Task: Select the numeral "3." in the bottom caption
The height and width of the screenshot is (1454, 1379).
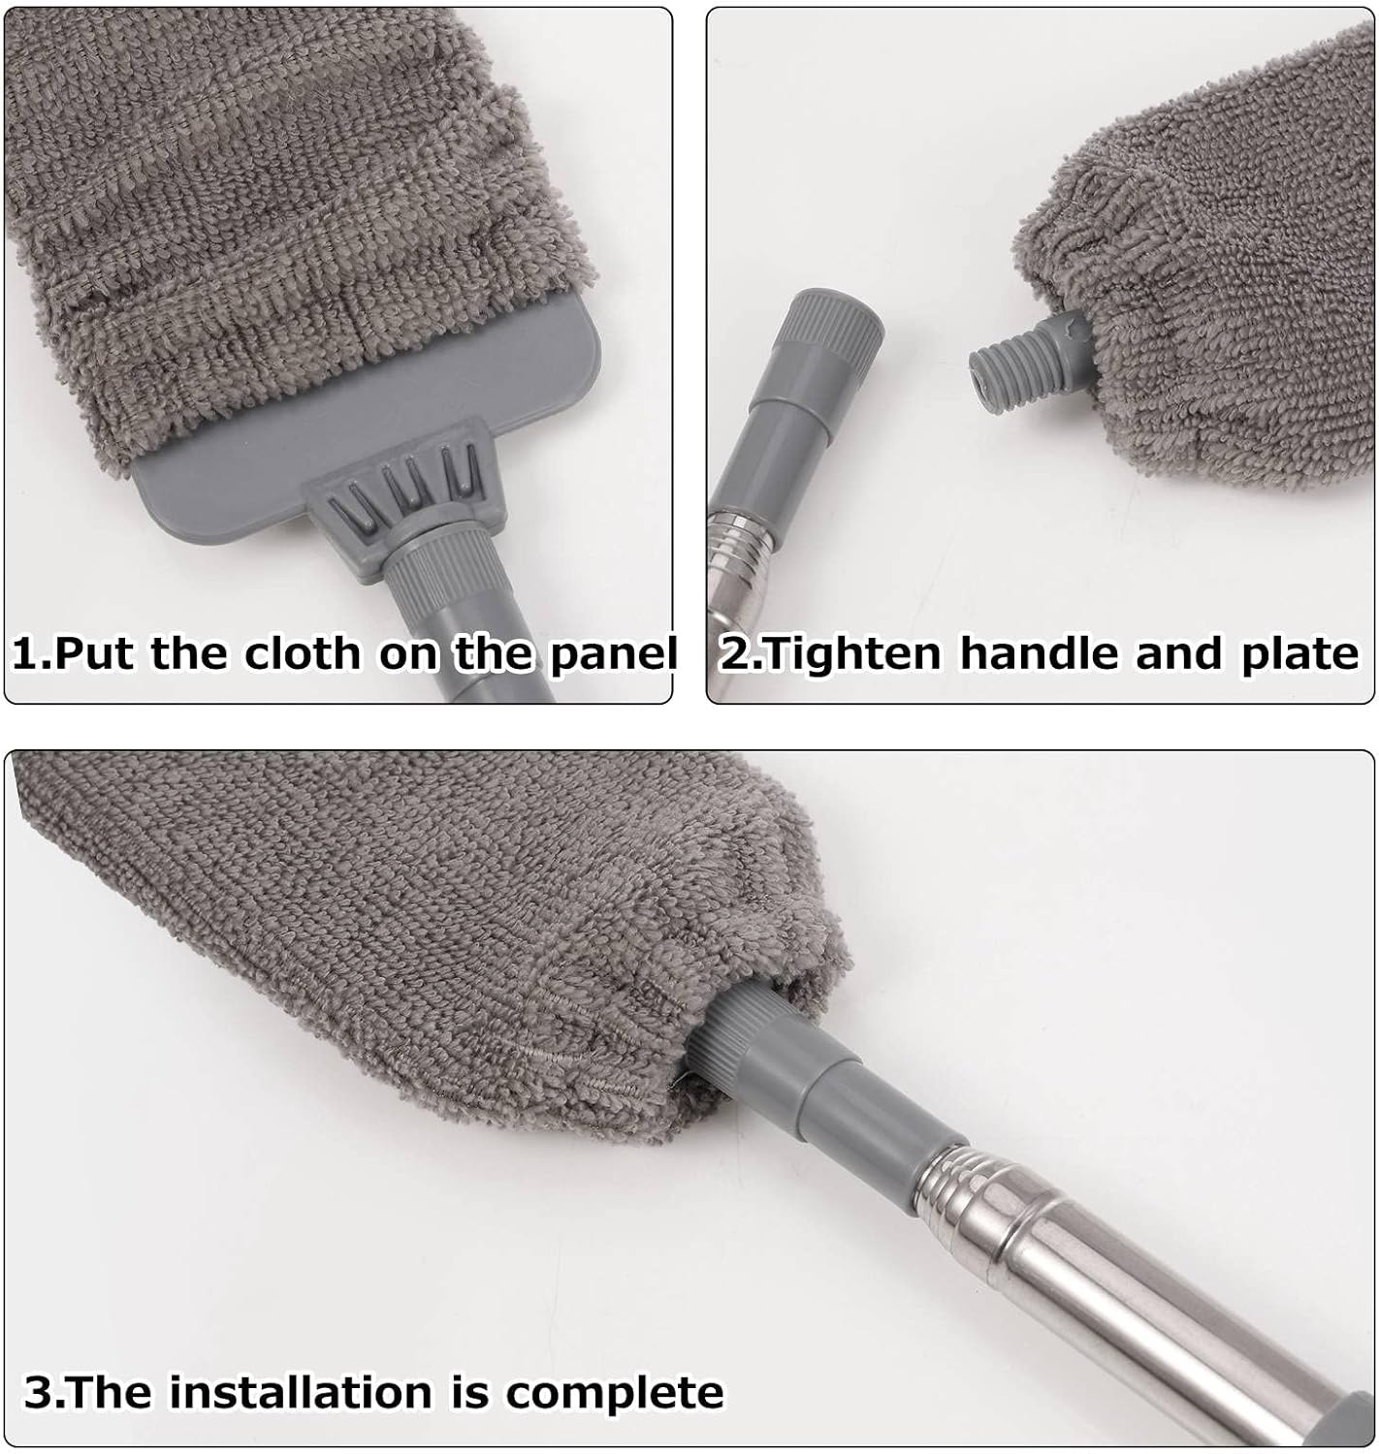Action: pyautogui.click(x=43, y=1392)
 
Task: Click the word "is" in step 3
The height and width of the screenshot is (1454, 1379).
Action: pyautogui.click(x=474, y=1392)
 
